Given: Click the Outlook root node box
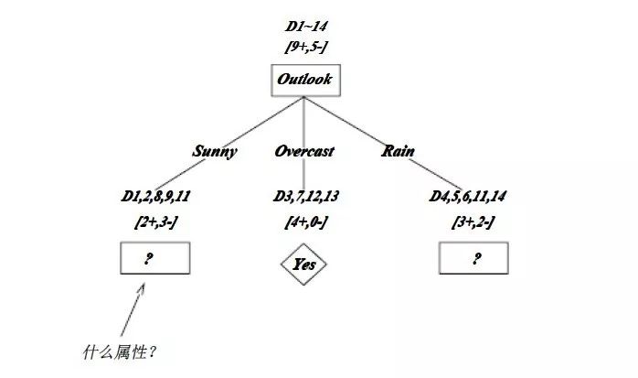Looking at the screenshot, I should click(x=304, y=80).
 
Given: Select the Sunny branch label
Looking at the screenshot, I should click(x=215, y=151).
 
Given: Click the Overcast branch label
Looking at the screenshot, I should click(x=304, y=151).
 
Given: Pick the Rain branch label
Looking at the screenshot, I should click(x=399, y=151).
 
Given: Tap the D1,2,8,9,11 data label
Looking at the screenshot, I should click(x=155, y=197).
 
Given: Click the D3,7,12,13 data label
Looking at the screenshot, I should click(x=304, y=197).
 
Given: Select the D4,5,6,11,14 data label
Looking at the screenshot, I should click(x=469, y=197).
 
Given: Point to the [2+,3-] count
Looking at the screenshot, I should click(x=155, y=222).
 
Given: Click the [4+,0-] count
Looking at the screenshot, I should click(x=304, y=222).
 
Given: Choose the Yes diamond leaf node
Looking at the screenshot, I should click(x=304, y=265).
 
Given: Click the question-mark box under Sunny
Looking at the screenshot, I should click(x=154, y=259).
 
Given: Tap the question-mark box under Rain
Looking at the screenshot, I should click(x=474, y=259).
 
